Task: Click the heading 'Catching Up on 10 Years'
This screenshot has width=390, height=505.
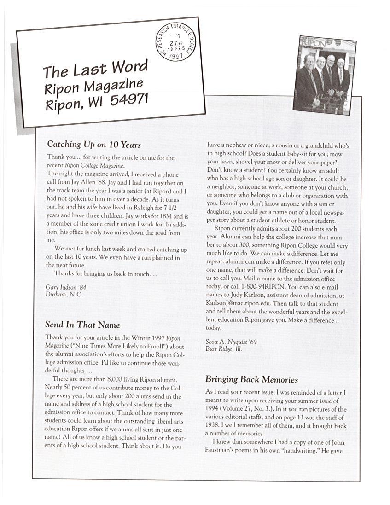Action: (x=94, y=145)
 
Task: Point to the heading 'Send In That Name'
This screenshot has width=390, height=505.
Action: (x=83, y=325)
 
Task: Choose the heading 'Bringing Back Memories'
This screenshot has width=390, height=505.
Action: (x=251, y=379)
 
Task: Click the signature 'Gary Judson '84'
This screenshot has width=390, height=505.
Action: (x=66, y=287)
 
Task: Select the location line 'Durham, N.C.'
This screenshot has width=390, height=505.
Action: (x=64, y=294)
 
